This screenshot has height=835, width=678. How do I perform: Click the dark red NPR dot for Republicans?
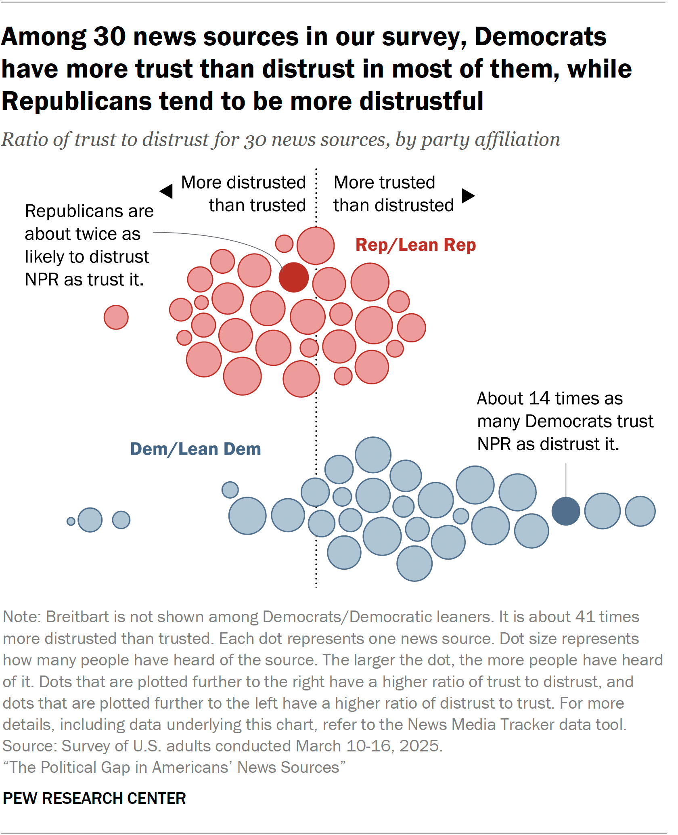(x=294, y=277)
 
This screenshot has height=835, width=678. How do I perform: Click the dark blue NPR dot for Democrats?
(x=566, y=511)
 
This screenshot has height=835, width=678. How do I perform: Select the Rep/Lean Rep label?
(x=415, y=245)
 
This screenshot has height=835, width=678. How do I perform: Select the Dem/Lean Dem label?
(x=195, y=449)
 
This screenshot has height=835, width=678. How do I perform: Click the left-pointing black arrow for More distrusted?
(x=166, y=191)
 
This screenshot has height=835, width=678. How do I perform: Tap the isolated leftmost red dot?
(x=116, y=317)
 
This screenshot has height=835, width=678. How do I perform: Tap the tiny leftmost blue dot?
(x=71, y=521)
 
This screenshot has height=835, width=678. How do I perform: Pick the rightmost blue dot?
(x=640, y=511)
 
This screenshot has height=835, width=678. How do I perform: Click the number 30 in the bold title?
(x=110, y=37)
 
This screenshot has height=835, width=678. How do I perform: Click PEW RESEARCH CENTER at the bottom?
(x=94, y=798)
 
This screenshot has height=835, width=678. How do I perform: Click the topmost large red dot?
(x=316, y=245)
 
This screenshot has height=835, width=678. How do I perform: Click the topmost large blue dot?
(x=373, y=455)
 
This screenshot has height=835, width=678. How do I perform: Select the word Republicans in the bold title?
(x=77, y=101)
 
